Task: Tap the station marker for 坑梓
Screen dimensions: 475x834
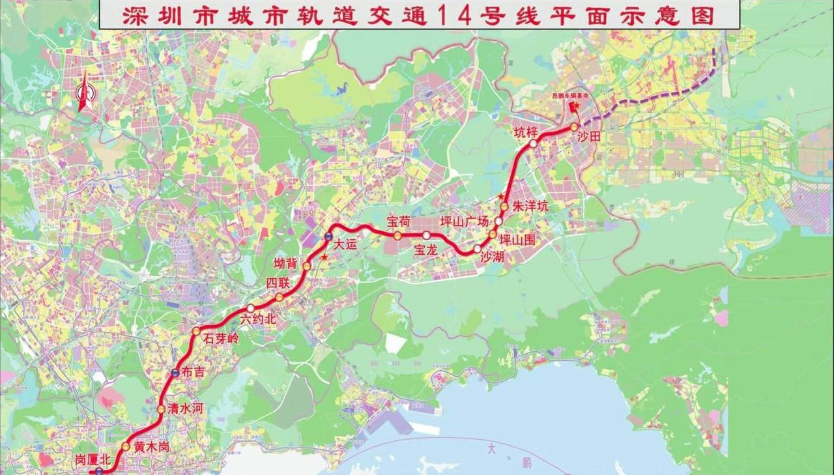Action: [x=533, y=143]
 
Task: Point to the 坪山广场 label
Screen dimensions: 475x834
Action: [x=465, y=222]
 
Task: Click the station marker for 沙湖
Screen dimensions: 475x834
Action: [x=478, y=249]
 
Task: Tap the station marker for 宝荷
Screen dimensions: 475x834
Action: [x=397, y=235]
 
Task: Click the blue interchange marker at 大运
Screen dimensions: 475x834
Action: [x=329, y=237]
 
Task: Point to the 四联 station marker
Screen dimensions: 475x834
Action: [x=280, y=298]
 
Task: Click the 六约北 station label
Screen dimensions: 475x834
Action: [x=258, y=319]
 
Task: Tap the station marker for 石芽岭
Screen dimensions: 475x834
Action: [x=196, y=332]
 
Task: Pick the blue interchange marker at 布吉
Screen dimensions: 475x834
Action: [x=175, y=373]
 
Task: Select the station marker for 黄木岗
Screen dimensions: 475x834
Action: [x=125, y=446]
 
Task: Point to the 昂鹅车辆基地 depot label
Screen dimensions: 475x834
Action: [x=570, y=95]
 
